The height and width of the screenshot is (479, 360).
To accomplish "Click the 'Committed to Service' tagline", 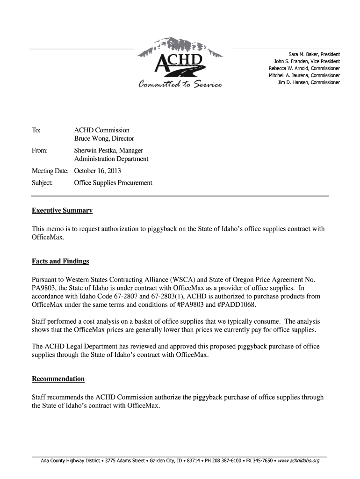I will click(180, 84).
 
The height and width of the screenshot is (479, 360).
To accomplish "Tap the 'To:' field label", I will click(36, 130).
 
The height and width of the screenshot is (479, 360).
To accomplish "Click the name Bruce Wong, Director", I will click(104, 138).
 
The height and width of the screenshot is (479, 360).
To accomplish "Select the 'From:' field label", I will click(40, 151).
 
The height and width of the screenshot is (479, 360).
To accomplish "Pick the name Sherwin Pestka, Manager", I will click(108, 151).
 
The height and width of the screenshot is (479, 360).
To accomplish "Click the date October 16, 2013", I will click(97, 171).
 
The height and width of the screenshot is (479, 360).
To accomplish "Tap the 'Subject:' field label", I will click(42, 183).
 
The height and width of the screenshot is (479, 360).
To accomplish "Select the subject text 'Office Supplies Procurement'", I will click(113, 183).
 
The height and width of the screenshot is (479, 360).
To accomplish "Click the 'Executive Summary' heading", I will click(62, 210).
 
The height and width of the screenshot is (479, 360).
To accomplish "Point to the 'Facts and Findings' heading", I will click(60, 261).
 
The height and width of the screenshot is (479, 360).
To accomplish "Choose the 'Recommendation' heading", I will click(58, 378).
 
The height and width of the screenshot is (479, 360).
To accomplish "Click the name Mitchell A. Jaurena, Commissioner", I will click(304, 75).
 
